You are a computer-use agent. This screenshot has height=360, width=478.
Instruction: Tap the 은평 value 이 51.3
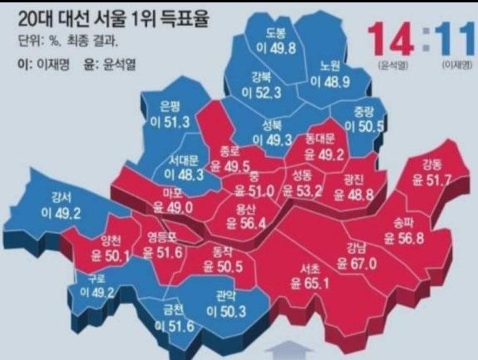171,121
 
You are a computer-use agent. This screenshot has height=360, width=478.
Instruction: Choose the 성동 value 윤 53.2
301,190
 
